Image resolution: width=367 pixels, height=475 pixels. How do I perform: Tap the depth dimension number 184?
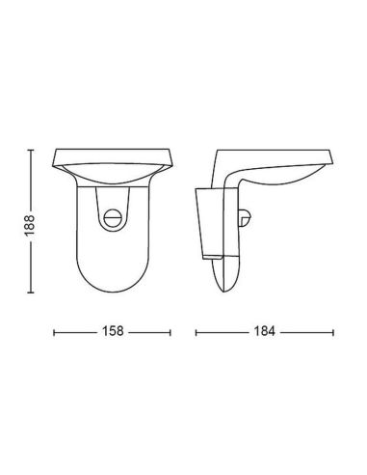click(x=262, y=331)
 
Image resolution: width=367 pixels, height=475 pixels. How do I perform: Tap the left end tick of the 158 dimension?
click(x=54, y=331)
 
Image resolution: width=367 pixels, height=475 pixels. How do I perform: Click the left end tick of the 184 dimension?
click(x=197, y=331)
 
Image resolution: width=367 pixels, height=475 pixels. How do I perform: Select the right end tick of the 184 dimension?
click(x=328, y=331)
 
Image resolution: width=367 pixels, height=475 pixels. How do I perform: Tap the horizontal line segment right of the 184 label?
click(x=303, y=331)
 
